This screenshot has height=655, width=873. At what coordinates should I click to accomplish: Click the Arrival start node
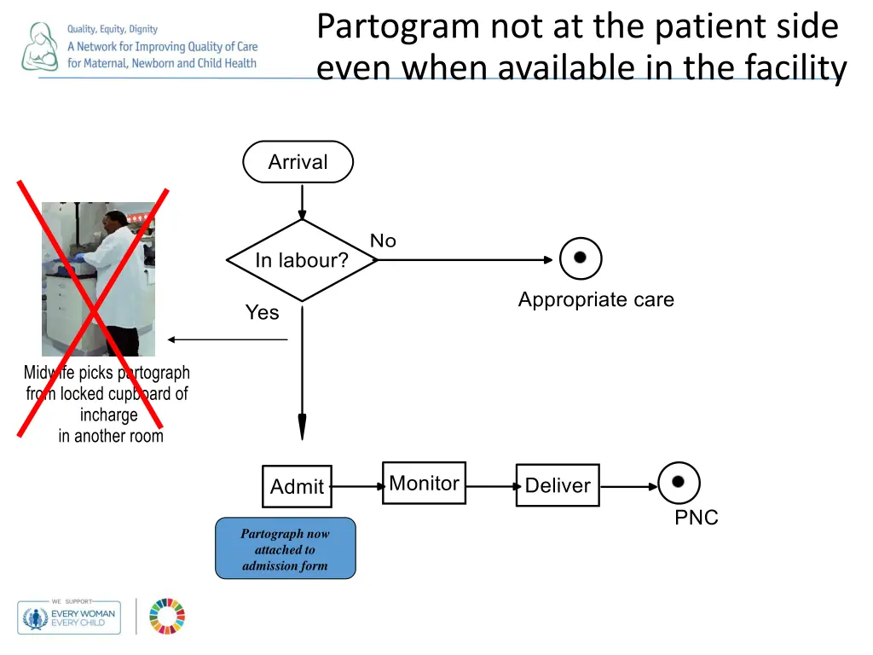(x=298, y=162)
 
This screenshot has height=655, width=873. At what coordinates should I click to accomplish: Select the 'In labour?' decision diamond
(x=302, y=260)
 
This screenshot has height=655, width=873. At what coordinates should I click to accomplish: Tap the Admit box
(x=297, y=486)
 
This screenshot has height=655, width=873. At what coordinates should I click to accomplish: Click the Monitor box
(x=424, y=484)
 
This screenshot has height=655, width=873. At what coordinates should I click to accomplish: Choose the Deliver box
(x=558, y=485)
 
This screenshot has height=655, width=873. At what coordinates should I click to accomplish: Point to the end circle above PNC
(x=679, y=482)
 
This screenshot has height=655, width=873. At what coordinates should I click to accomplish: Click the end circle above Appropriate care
(x=581, y=258)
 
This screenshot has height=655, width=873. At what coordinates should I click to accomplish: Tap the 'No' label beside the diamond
(x=383, y=241)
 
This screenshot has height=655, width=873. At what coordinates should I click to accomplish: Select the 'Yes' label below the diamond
(x=262, y=313)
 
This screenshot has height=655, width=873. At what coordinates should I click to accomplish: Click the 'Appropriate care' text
(x=596, y=300)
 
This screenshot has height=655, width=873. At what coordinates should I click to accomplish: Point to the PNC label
(x=697, y=518)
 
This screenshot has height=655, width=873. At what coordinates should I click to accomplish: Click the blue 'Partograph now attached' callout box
(x=285, y=549)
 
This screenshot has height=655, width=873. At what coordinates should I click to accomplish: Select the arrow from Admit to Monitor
(x=357, y=487)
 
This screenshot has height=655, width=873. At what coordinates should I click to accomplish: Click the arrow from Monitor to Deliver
(x=491, y=486)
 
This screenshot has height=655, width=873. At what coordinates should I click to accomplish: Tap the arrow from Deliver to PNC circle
(x=628, y=487)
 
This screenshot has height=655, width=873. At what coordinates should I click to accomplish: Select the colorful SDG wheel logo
(x=167, y=617)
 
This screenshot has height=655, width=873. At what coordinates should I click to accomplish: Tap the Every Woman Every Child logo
(x=69, y=617)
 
